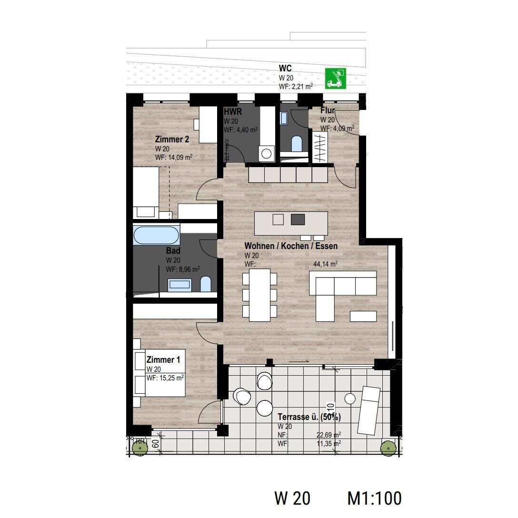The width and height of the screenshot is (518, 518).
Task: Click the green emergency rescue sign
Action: [335, 79]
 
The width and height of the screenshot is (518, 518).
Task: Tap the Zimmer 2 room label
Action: [172, 139]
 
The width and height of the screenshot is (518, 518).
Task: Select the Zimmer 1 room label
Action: [163, 360]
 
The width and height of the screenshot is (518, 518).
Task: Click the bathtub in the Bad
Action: [157, 235]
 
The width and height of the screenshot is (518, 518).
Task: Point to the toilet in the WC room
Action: [297, 143]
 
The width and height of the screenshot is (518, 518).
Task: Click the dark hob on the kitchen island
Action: [298, 219]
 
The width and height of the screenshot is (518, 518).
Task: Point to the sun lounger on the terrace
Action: [369, 410]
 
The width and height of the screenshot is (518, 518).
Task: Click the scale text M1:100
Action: [375, 498]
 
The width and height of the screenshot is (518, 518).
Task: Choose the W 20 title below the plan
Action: [292, 498]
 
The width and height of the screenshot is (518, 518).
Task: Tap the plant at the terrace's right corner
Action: [388, 448]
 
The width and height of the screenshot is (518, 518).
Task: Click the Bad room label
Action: [173, 251]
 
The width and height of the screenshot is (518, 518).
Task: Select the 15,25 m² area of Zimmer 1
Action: [166, 378]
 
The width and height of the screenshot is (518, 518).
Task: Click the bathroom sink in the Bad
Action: [180, 285]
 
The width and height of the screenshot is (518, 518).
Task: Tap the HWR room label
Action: [233, 112]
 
